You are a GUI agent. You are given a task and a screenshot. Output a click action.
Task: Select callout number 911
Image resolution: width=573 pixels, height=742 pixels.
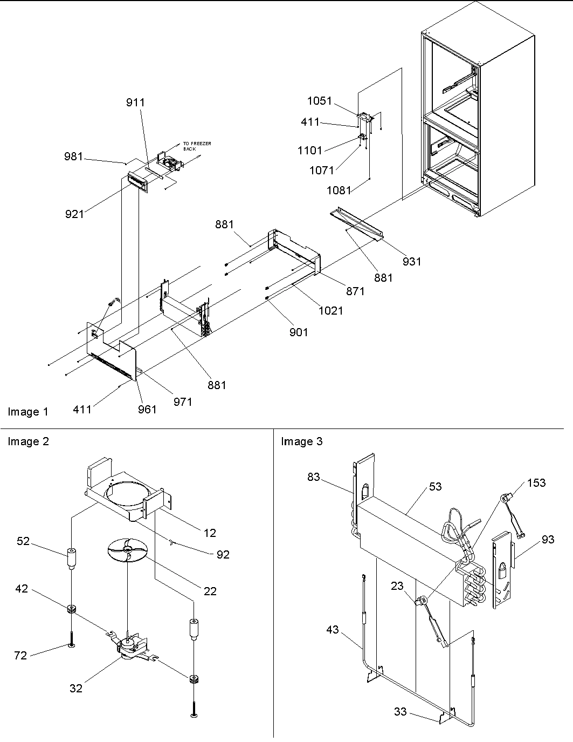tap(135, 103)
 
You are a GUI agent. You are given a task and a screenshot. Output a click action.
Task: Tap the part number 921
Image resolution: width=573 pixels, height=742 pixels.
tap(74, 214)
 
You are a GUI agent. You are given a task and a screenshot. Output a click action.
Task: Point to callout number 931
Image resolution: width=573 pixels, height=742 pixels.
tap(411, 261)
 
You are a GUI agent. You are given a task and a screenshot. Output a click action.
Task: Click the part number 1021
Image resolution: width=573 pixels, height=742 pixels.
tap(330, 311)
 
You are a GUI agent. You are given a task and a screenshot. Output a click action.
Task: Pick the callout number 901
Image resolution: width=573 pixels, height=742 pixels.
tap(298, 332)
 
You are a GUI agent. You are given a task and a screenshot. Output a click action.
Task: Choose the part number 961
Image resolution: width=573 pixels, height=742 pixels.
tap(147, 410)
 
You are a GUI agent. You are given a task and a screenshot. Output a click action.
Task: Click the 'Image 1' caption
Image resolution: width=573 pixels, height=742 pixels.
tap(28, 412)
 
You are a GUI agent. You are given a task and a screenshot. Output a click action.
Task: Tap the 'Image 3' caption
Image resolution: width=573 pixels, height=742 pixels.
tap(301, 442)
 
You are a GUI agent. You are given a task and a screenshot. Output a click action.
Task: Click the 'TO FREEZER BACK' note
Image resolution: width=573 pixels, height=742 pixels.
tap(197, 146)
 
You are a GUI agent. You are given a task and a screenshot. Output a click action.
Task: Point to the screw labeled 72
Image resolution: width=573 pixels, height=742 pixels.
tap(71, 645)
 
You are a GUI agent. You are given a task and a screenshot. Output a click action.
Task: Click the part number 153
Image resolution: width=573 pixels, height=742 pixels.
tap(536, 483)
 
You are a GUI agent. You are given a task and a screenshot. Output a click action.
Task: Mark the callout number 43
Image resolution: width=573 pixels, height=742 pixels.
tap(333, 629)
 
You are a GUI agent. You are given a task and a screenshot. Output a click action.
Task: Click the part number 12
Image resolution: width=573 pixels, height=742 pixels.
tap(210, 533)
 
